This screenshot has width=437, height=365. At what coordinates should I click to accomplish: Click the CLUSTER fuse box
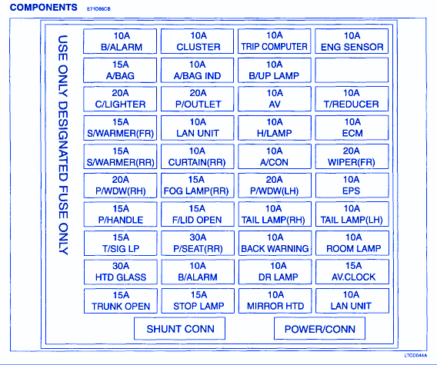(x=197, y=41)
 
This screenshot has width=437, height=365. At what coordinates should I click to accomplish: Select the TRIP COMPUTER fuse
(x=274, y=41)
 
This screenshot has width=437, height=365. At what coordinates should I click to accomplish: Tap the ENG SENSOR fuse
(x=352, y=41)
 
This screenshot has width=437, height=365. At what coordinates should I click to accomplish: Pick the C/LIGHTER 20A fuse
(x=120, y=99)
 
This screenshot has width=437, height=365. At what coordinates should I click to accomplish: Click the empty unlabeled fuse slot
(x=352, y=70)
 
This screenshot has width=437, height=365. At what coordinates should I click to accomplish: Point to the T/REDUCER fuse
(x=352, y=99)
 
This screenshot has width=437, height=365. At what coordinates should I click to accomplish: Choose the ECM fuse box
(x=352, y=128)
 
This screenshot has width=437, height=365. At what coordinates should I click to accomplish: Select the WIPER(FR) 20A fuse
(x=352, y=157)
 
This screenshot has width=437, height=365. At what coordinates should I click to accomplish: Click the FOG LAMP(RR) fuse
(x=198, y=185)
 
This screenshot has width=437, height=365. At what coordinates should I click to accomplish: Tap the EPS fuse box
(x=352, y=185)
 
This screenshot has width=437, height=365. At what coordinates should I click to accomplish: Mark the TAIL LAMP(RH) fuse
(x=275, y=214)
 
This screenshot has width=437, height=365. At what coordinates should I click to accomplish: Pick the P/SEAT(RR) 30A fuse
(x=198, y=243)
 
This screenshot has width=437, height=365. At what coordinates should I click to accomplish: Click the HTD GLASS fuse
(x=121, y=272)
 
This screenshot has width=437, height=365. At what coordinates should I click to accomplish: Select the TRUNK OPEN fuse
(x=121, y=300)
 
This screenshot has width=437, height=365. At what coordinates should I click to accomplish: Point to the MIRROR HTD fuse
(x=275, y=300)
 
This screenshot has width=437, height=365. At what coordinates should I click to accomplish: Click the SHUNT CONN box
(x=180, y=329)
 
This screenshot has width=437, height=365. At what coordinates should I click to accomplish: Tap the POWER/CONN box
(x=319, y=329)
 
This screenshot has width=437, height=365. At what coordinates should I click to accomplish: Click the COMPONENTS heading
(x=44, y=7)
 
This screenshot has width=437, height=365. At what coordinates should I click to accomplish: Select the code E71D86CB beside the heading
(x=98, y=9)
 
